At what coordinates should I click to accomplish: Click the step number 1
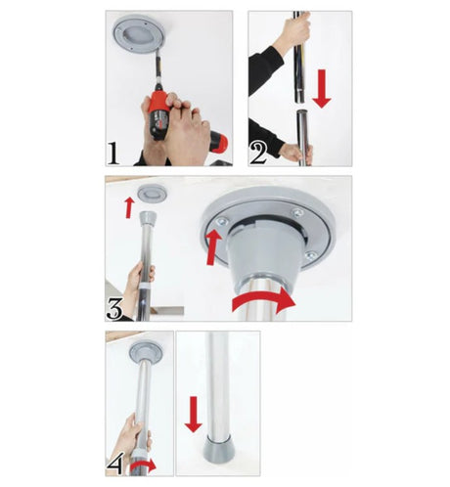tap(113, 154)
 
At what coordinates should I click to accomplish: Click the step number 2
tap(258, 154)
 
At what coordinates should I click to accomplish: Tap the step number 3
tap(114, 308)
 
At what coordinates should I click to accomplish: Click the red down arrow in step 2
tap(322, 89)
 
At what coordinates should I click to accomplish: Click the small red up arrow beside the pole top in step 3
tap(129, 207)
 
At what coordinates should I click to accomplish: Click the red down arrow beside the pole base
tap(194, 415)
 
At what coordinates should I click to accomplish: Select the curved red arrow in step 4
tap(144, 466)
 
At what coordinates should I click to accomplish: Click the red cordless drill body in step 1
tap(159, 112)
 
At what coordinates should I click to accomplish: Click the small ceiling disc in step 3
tap(152, 194)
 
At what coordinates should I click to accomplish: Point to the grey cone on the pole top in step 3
tap(148, 219)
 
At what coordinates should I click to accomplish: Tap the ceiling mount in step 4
tap(146, 352)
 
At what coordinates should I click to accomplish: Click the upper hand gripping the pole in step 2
tap(292, 31)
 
